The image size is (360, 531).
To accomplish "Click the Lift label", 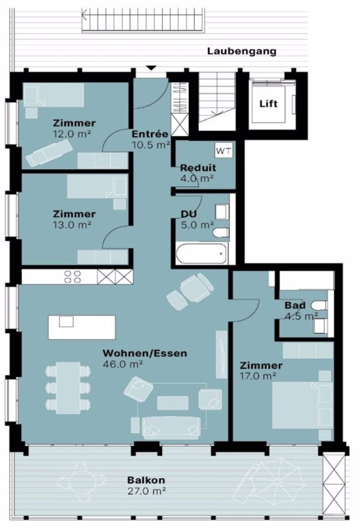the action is [x=269, y=104].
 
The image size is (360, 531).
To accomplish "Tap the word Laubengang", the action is [x=242, y=51].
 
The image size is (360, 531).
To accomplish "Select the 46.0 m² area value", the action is [x=123, y=364].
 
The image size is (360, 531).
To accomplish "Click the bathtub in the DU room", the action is [x=201, y=253].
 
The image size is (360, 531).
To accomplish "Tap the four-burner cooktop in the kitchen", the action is [x=73, y=277].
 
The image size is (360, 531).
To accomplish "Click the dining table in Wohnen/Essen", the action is [x=68, y=388].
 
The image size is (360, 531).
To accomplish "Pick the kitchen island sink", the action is [x=66, y=322].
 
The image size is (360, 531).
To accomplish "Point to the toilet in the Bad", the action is [x=319, y=305].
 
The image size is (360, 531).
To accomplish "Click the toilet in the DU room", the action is [x=221, y=232].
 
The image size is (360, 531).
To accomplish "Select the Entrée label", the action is [x=150, y=134].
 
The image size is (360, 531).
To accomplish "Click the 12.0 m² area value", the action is [x=72, y=134].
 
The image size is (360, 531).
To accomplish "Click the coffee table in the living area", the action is [x=173, y=403].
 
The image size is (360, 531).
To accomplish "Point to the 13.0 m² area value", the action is [x=72, y=225].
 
